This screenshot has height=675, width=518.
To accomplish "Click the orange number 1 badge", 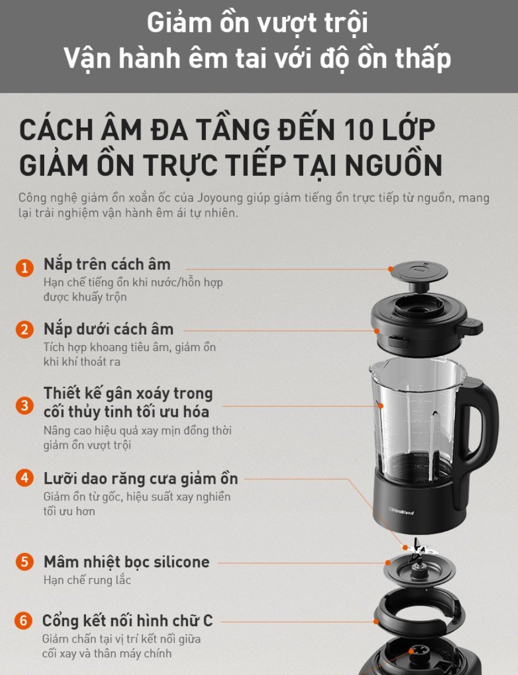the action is (x=25, y=268).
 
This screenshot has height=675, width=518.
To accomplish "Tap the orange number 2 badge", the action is (x=25, y=330).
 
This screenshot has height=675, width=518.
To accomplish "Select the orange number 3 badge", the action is (x=25, y=406).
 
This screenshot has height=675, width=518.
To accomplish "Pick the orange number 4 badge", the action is (x=25, y=478).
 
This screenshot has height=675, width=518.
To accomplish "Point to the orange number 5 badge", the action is (x=25, y=562).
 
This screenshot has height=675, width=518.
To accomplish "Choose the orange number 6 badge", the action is (x=24, y=621).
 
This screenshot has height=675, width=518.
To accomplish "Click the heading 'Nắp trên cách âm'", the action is (x=107, y=265).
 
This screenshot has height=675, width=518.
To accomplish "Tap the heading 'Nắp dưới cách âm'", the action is (x=108, y=329).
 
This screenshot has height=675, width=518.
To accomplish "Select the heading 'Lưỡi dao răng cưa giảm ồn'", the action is (x=141, y=479).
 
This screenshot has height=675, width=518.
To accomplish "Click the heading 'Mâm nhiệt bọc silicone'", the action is (x=127, y=562).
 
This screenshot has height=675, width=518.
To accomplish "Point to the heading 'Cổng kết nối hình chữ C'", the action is (x=128, y=621).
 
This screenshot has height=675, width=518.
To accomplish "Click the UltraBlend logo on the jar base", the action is (x=401, y=512).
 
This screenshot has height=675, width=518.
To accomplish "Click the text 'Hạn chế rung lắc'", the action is (x=87, y=580).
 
